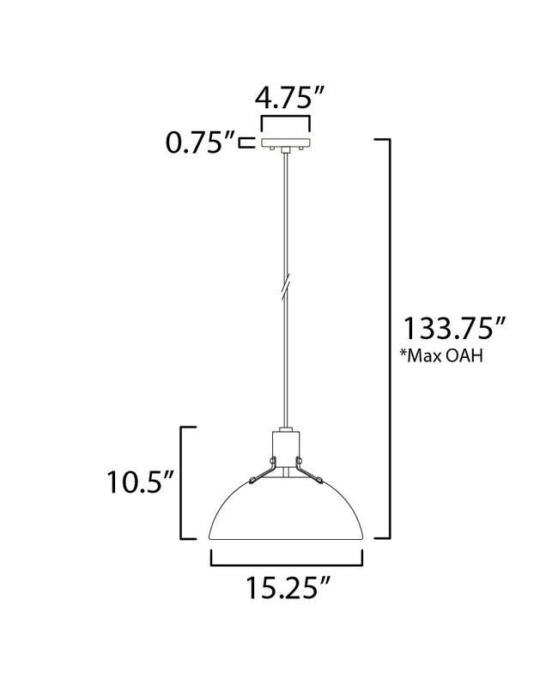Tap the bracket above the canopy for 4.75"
click(x=287, y=119)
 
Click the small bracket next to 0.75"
click(x=246, y=142)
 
